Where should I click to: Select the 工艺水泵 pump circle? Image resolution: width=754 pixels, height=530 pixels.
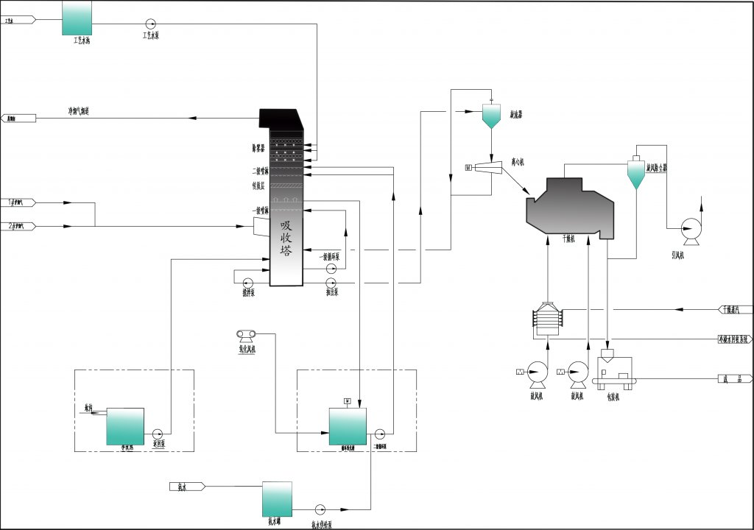151,24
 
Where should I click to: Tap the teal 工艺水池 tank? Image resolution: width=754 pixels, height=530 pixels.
77,18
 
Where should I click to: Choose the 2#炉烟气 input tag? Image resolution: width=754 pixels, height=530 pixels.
18,226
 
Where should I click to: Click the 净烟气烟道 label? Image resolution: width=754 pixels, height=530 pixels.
80,112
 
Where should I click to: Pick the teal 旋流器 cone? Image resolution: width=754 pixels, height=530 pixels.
491,116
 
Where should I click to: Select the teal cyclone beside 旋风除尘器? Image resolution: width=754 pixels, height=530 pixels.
635,174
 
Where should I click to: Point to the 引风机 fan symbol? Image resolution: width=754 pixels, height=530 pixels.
691,230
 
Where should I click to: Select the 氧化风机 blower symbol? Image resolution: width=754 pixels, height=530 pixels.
245,336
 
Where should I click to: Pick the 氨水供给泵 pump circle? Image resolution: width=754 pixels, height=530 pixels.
320,509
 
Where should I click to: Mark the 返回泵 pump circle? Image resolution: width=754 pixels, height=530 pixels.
158,434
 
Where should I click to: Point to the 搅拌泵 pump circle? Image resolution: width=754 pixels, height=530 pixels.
247,282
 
